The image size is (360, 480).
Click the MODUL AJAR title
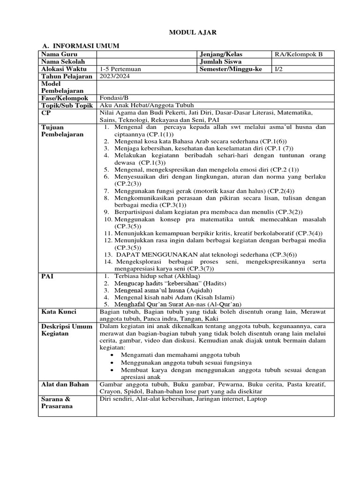coord(187,32)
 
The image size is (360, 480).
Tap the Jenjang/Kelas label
coord(221,54)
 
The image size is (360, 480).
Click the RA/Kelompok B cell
coord(299,54)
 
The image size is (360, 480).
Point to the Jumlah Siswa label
coord(220,62)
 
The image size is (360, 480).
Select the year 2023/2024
coord(113,76)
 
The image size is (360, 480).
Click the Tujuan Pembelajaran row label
coord(62,131)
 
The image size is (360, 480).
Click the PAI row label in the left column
coord(47,277)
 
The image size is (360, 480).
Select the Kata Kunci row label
coord(59,312)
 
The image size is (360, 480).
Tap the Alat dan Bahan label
coord(65,384)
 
